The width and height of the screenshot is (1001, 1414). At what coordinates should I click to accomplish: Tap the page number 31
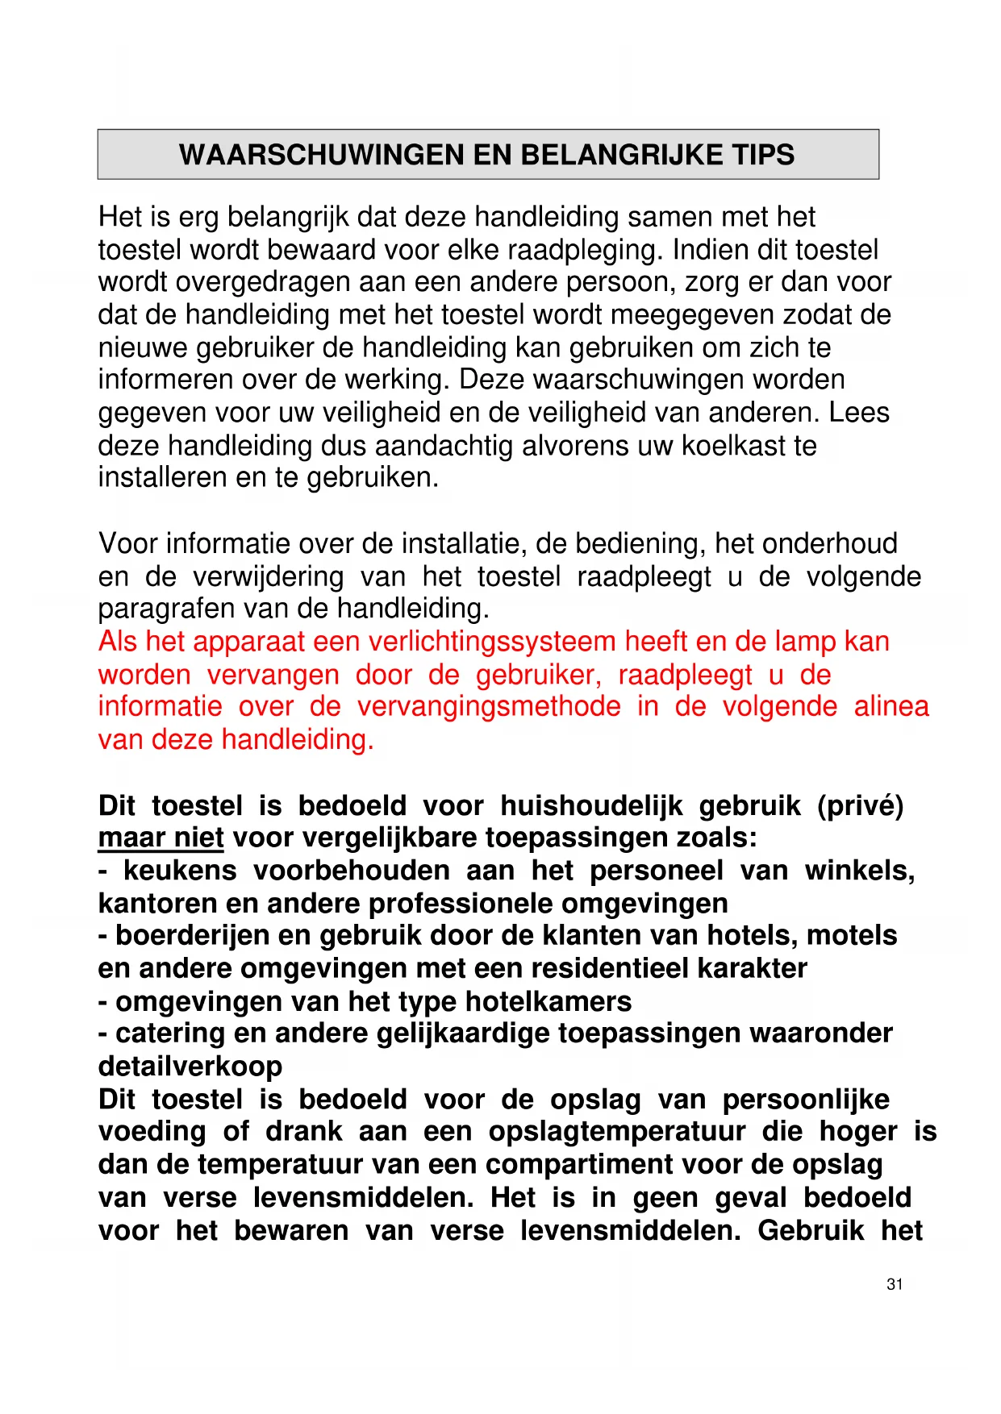pos(895,1284)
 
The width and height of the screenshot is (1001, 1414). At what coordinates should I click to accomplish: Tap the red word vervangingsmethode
pos(489,707)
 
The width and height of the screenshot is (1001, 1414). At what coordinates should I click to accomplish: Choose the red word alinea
pos(891,707)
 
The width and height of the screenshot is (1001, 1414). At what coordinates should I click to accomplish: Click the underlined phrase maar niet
pos(161,838)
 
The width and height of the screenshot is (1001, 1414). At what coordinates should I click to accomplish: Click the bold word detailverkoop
pos(190,1067)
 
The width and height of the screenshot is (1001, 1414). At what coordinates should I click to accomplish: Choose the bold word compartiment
pos(578,1165)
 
